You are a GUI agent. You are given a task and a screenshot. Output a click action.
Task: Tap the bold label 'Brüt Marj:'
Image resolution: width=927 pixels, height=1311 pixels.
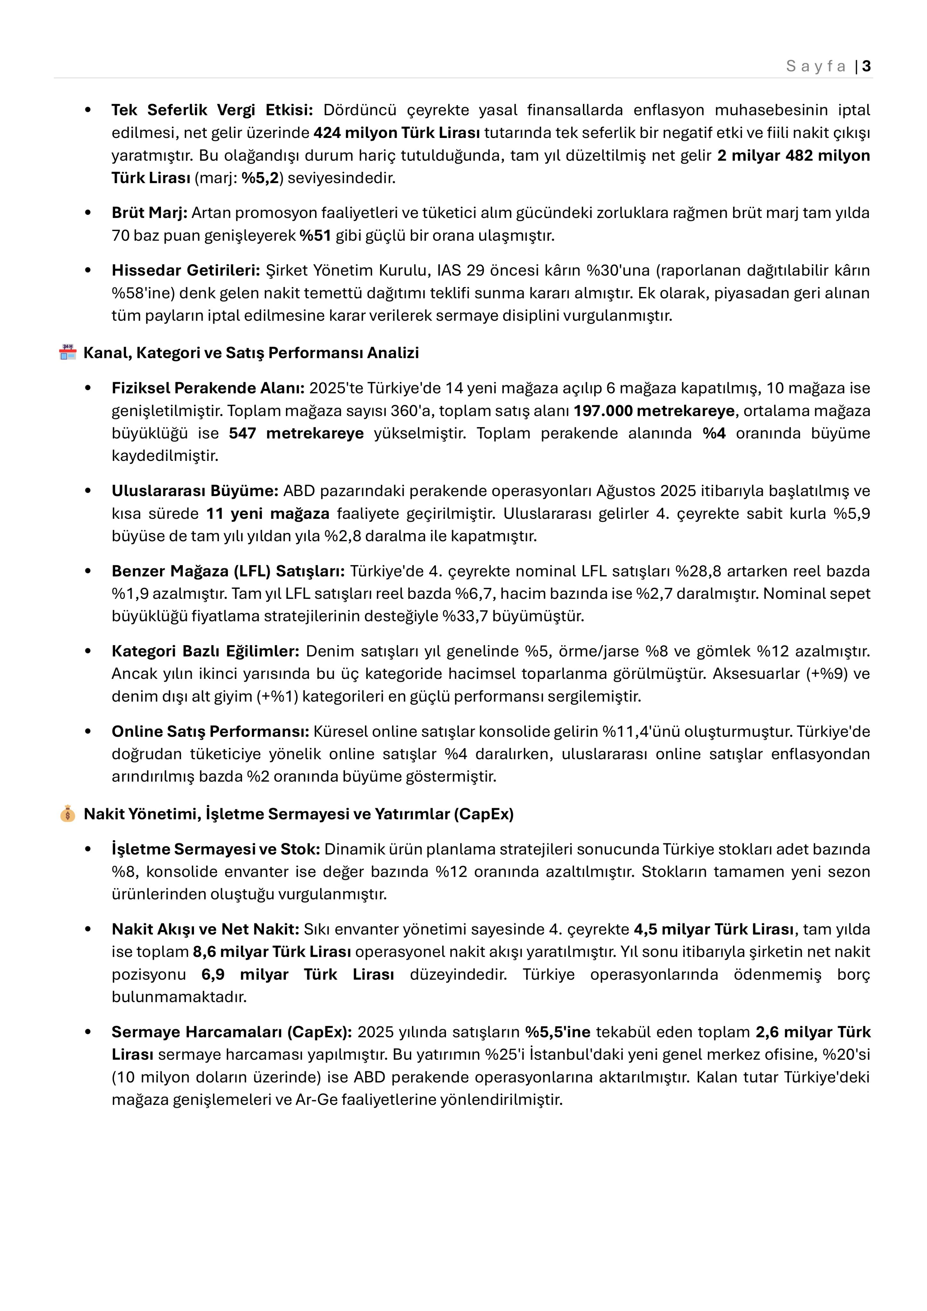coord(149,213)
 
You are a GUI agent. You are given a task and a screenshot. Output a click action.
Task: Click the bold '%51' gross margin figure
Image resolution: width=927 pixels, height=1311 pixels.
coord(315,235)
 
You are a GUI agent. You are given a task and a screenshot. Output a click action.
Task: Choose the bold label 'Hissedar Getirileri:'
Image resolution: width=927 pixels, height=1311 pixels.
coord(186,270)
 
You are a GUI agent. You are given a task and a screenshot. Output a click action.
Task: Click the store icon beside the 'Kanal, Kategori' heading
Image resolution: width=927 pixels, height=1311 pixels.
coord(68,352)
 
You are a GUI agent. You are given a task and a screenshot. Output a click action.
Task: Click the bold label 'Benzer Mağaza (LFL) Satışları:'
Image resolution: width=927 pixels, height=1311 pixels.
coord(228,571)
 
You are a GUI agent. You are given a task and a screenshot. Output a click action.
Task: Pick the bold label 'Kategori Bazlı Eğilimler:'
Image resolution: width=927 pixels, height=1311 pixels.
coord(205,651)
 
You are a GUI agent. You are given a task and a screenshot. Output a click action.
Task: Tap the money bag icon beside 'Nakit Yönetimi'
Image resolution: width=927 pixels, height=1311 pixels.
coord(68,814)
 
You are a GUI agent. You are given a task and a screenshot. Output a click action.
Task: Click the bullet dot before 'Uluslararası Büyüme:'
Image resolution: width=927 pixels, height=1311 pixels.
coord(88,491)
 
